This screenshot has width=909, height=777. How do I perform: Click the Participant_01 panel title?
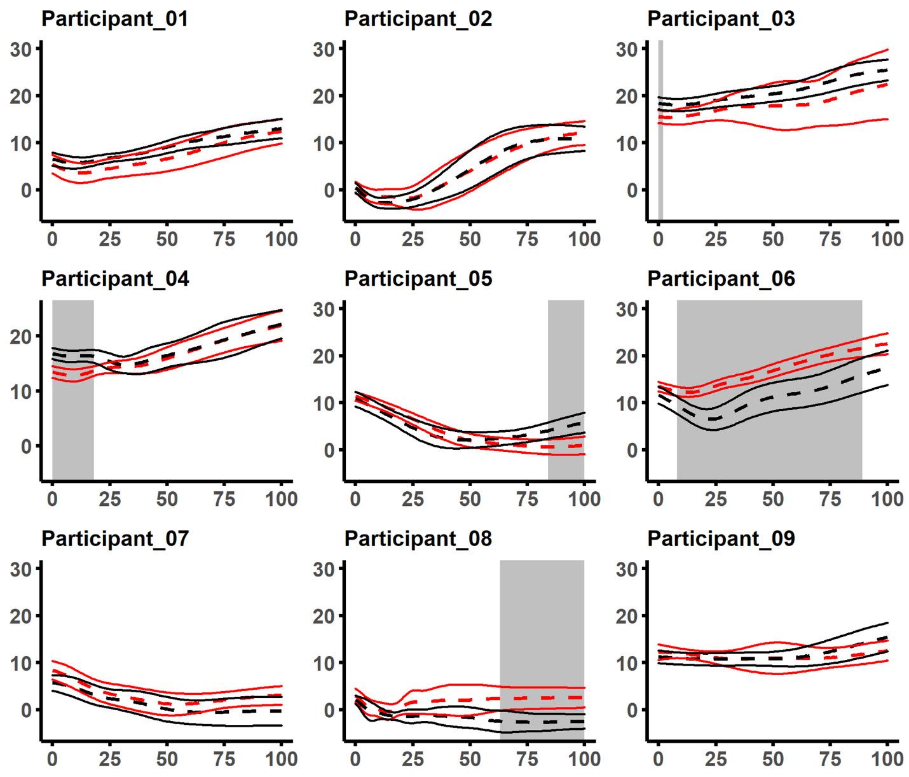pos(114,19)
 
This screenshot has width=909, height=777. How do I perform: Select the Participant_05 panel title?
pos(418,279)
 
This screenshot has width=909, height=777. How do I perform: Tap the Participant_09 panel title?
pos(721,539)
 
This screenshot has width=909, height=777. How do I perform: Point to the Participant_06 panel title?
pos(721,279)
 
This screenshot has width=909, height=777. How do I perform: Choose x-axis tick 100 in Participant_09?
pos(887,759)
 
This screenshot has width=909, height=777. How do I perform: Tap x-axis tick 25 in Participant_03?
pos(716,239)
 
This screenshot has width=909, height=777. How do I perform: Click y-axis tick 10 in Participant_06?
pos(628,403)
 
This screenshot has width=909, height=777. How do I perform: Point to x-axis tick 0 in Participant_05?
pos(355,499)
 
